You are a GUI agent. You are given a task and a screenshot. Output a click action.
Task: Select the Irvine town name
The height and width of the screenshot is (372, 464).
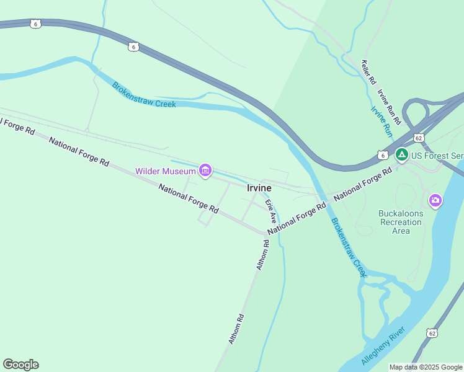[x=259, y=188]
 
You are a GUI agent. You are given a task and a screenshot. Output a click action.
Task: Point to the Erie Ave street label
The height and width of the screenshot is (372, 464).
[x=270, y=211]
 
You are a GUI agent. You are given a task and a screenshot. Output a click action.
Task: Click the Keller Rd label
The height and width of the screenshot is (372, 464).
[x=369, y=72]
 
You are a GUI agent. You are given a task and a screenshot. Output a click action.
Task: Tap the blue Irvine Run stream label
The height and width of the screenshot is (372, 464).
[x=381, y=122]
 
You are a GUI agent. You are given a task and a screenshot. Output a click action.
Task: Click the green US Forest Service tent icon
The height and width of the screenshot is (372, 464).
[x=402, y=154]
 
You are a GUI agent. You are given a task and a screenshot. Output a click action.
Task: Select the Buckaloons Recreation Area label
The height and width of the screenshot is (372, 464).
[x=401, y=222]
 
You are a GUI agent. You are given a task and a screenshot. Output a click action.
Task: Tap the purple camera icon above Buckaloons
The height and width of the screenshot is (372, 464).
[x=435, y=200]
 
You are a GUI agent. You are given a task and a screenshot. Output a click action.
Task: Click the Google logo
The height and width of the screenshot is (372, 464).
[x=20, y=365]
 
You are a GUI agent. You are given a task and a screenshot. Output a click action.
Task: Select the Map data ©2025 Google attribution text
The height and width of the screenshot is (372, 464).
[x=426, y=367]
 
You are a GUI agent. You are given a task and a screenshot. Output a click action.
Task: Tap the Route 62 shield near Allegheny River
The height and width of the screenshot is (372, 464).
[x=431, y=333]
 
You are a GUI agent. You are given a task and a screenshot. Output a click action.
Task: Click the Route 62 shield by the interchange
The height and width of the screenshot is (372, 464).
[x=419, y=137]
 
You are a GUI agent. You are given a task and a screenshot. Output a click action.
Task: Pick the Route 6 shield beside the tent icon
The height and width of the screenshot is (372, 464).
[x=383, y=154]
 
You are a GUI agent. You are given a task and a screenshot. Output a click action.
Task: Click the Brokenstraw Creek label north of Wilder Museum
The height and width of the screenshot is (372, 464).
[x=144, y=95]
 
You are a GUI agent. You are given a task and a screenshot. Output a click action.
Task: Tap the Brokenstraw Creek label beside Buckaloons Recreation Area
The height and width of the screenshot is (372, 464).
[x=348, y=246]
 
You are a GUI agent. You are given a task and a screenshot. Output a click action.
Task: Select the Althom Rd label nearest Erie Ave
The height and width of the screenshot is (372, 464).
[x=264, y=255]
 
